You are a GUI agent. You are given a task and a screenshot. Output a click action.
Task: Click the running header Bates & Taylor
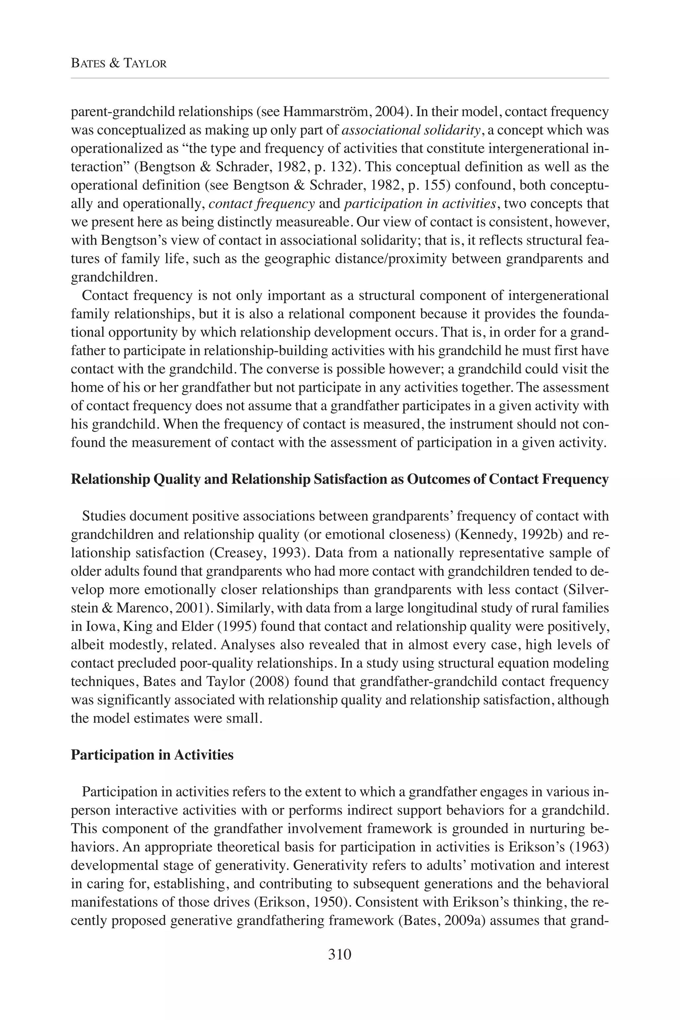tap(119, 64)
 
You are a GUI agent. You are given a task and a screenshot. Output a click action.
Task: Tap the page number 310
tap(340, 954)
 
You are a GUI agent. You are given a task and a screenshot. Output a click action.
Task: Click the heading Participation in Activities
tap(152, 755)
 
